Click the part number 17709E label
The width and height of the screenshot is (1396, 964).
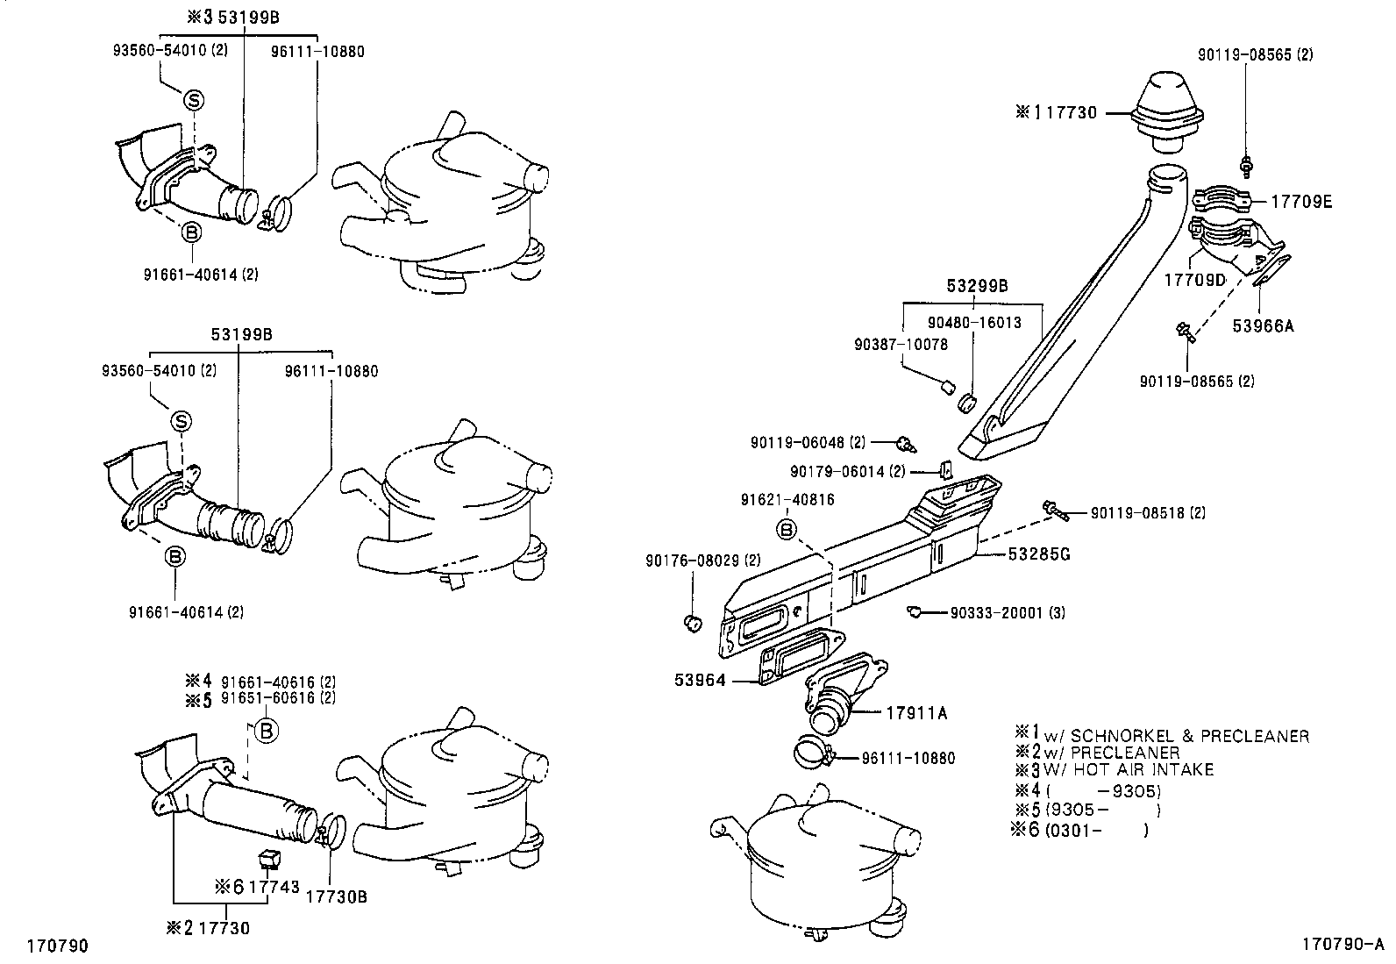click(x=1301, y=202)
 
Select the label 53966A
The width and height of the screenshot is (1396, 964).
click(x=1263, y=325)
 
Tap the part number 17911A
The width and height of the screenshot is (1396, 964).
click(x=917, y=713)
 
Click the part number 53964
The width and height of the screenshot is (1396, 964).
click(x=700, y=680)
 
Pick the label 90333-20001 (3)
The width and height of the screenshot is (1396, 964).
click(x=1008, y=612)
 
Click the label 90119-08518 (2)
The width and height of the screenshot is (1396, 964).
click(x=1148, y=512)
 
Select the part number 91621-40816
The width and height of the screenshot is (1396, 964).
click(x=787, y=499)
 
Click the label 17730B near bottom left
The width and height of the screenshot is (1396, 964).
click(x=336, y=897)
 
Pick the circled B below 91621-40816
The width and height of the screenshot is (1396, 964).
click(x=787, y=529)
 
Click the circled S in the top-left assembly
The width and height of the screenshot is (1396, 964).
click(x=193, y=101)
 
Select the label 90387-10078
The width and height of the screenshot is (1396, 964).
click(x=901, y=345)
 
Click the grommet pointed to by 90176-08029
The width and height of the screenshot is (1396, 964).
click(x=691, y=623)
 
